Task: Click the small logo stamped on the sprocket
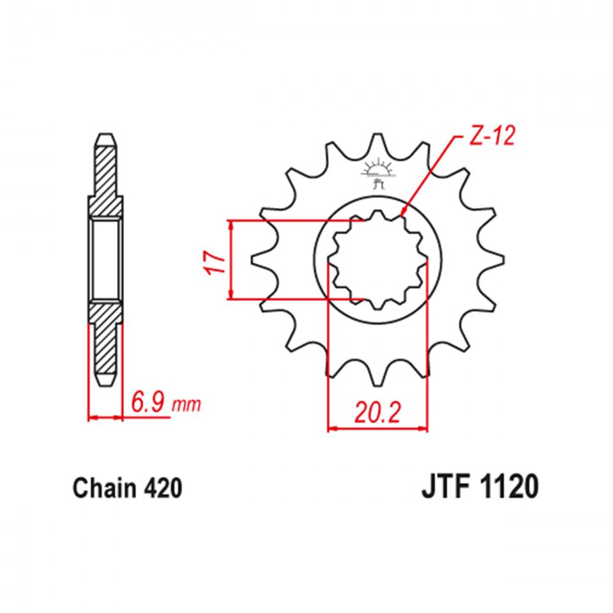[377, 174]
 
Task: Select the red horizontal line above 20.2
[377, 429]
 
